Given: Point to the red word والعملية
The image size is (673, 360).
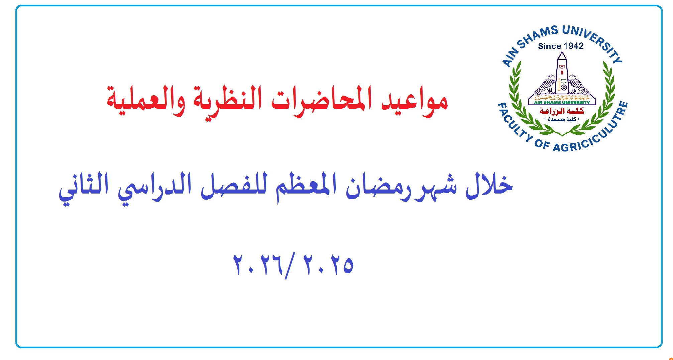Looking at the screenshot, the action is click(x=146, y=100).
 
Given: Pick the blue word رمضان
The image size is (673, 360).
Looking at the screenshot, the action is click(x=374, y=187).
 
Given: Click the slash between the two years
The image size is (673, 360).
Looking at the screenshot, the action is click(x=290, y=266).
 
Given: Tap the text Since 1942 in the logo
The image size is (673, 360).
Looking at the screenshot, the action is click(x=561, y=46).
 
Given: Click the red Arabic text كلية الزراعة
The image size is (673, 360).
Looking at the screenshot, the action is click(x=562, y=111).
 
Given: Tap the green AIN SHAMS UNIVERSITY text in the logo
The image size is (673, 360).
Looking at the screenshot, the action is click(x=562, y=103).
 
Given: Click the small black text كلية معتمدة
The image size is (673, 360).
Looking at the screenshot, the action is click(x=562, y=119).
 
